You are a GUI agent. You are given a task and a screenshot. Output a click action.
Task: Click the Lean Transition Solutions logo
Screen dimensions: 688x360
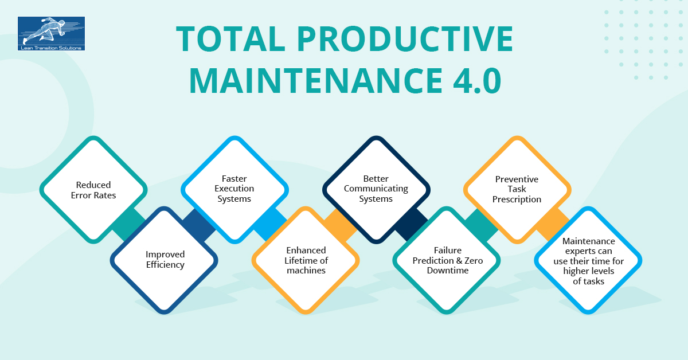point(51,33)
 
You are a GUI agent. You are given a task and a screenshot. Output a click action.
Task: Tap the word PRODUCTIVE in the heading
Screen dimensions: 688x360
point(405,39)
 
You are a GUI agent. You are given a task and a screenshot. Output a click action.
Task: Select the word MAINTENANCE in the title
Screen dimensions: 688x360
point(316,80)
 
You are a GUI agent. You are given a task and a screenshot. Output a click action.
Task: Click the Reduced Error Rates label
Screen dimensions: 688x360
point(93,190)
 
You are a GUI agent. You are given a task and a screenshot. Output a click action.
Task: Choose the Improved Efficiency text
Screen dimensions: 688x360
point(165,260)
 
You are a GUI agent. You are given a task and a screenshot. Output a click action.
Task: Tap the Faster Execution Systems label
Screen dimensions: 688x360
point(234,189)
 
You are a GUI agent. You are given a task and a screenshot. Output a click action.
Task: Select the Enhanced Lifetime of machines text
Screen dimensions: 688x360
point(306,260)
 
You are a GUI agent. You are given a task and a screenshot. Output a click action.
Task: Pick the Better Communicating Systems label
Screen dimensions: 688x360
point(376,189)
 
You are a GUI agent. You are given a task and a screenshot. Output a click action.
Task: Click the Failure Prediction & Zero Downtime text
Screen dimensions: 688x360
point(448,260)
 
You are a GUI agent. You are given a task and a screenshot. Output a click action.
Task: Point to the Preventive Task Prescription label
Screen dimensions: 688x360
point(517,189)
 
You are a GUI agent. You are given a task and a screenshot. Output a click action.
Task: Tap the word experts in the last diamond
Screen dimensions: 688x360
point(588,251)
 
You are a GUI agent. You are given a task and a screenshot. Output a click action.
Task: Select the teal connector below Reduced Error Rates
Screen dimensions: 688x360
point(128,225)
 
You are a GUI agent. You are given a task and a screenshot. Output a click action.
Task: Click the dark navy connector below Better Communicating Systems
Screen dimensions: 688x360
point(411,225)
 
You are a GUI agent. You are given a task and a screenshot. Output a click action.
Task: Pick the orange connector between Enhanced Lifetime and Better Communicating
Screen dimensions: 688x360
point(341,225)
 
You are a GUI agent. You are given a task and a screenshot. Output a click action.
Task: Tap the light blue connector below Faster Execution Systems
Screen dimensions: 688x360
point(270,225)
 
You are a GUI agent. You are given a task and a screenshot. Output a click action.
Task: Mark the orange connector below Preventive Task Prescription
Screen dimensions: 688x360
point(553,225)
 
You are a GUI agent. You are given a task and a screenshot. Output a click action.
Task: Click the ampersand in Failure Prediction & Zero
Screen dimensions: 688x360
point(459,260)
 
